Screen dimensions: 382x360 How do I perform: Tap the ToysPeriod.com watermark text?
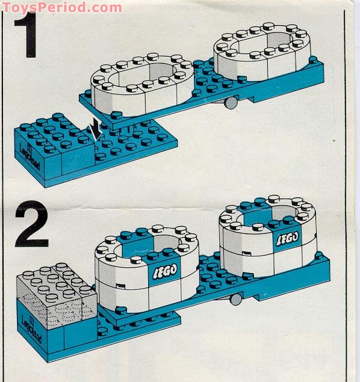60,7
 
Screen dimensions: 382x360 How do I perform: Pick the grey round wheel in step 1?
229,103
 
